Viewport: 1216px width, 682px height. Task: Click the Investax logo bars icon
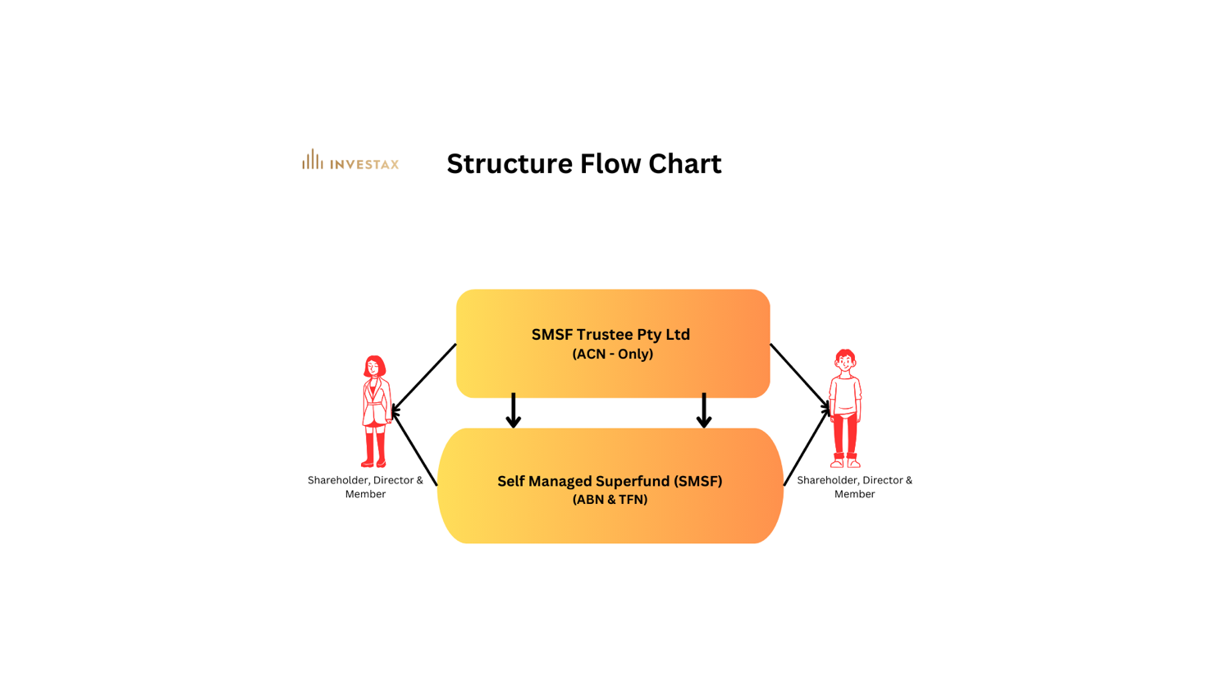click(x=312, y=159)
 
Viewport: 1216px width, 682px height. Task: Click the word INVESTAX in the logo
click(x=364, y=164)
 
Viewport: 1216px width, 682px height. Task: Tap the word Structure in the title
click(x=510, y=164)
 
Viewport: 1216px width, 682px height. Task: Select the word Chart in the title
click(x=684, y=163)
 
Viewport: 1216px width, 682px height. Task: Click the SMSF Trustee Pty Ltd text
click(x=610, y=335)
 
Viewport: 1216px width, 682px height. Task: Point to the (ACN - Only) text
click(x=612, y=355)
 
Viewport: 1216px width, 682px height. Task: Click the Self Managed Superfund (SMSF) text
click(x=610, y=481)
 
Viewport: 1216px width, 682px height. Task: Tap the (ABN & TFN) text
click(x=610, y=500)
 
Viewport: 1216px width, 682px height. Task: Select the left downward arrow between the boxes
click(x=514, y=410)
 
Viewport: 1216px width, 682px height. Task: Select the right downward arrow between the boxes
click(x=704, y=410)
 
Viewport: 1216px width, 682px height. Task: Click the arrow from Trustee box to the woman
click(x=424, y=378)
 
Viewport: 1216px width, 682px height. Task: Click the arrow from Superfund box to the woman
click(x=415, y=448)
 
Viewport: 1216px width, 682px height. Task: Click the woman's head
click(x=375, y=366)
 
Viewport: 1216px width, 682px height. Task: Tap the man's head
click(x=845, y=359)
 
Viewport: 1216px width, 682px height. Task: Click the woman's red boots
click(x=374, y=450)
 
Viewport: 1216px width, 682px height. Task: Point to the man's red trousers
click(x=844, y=435)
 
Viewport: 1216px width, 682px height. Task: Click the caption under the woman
click(x=365, y=487)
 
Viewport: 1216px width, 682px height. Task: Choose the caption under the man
click(x=854, y=487)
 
